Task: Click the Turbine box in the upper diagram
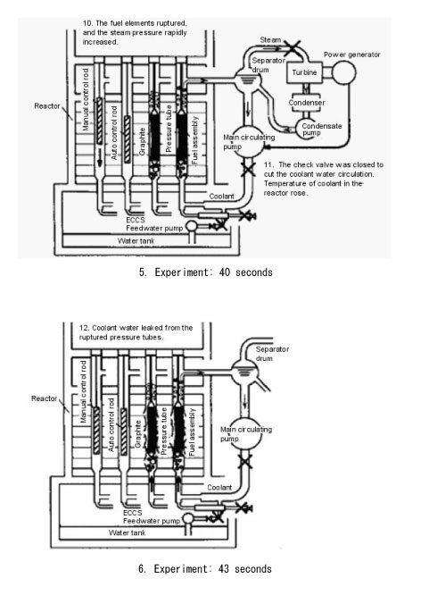pyautogui.click(x=305, y=72)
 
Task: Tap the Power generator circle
pyautogui.click(x=343, y=72)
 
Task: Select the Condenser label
pyautogui.click(x=307, y=103)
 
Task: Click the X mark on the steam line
pyautogui.click(x=293, y=47)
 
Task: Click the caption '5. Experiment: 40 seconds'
pyautogui.click(x=206, y=272)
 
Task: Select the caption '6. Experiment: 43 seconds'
pyautogui.click(x=205, y=569)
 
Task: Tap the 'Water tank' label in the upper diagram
pyautogui.click(x=136, y=240)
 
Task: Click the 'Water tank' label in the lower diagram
pyautogui.click(x=127, y=532)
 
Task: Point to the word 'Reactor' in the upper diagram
pyautogui.click(x=47, y=106)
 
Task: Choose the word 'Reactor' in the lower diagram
pyautogui.click(x=44, y=398)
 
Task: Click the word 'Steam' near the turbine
pyautogui.click(x=270, y=40)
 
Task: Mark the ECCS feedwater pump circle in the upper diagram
pyautogui.click(x=192, y=226)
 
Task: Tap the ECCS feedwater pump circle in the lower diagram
pyautogui.click(x=188, y=519)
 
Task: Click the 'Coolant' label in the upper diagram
pyautogui.click(x=222, y=197)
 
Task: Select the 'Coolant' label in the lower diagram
pyautogui.click(x=219, y=488)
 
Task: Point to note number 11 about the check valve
pyautogui.click(x=324, y=179)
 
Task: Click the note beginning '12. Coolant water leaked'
pyautogui.click(x=136, y=332)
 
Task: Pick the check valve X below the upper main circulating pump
pyautogui.click(x=248, y=169)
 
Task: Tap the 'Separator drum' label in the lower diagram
pyautogui.click(x=272, y=354)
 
